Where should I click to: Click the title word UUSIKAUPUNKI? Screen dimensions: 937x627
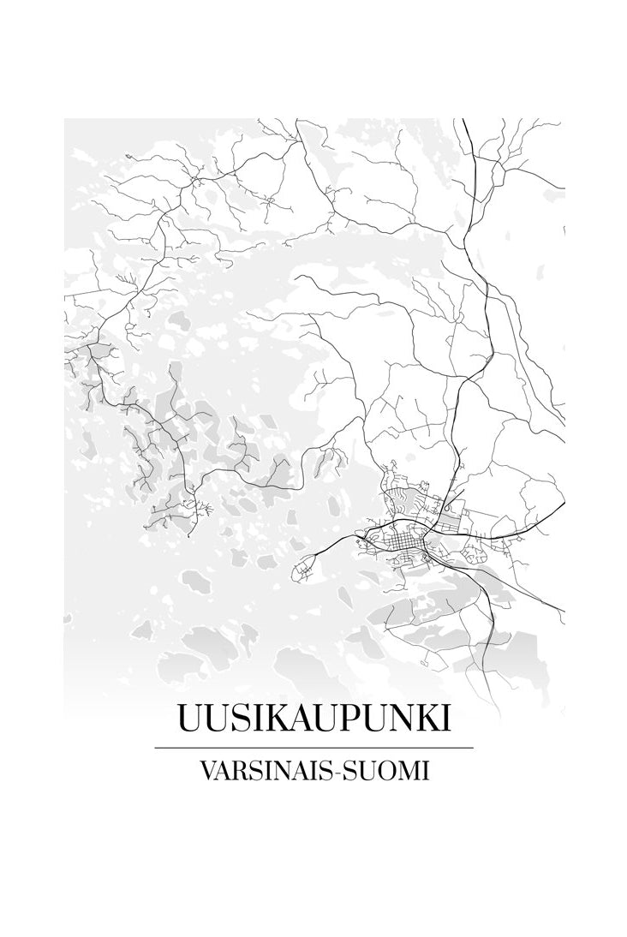point(313,718)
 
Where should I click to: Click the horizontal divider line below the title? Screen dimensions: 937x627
point(313,748)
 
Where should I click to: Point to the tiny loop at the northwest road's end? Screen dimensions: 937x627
point(128,157)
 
